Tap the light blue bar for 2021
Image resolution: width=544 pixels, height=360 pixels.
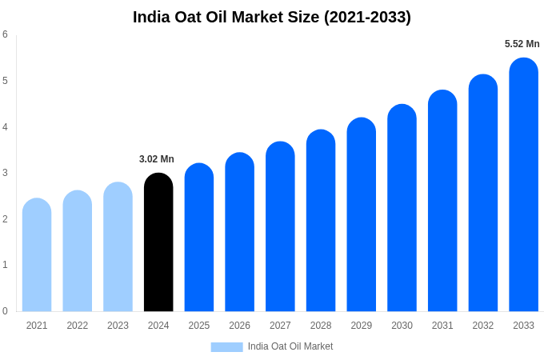click(37, 255)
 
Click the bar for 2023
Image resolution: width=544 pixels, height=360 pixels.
click(118, 247)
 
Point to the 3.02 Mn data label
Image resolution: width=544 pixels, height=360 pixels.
click(157, 159)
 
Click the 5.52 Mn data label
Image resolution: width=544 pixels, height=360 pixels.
click(522, 44)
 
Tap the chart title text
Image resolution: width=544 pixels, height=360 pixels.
click(272, 17)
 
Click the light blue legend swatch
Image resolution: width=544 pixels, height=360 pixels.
click(226, 347)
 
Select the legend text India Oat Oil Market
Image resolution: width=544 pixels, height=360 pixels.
click(290, 346)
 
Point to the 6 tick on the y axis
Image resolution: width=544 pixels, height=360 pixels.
click(5, 34)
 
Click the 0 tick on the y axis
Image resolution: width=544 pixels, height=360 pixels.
click(5, 311)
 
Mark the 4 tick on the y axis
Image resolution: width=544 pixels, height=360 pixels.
click(5, 126)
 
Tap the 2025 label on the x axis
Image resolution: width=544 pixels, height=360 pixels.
click(199, 326)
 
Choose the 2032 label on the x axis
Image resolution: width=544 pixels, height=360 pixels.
click(483, 326)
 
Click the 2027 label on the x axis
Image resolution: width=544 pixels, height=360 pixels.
click(280, 326)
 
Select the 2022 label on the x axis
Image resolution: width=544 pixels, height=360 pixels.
click(78, 326)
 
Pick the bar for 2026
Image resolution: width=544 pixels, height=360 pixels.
click(239, 232)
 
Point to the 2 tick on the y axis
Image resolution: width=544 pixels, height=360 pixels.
click(5, 219)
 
